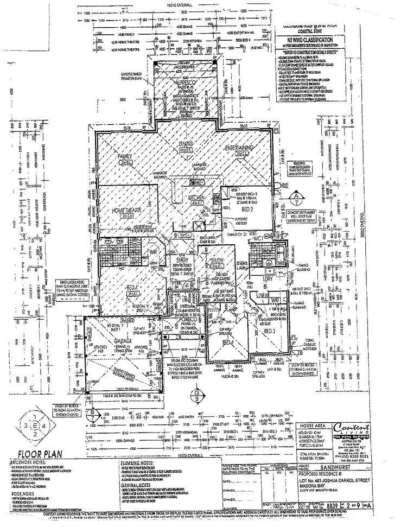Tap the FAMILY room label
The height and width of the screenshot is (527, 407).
tap(125, 157)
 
